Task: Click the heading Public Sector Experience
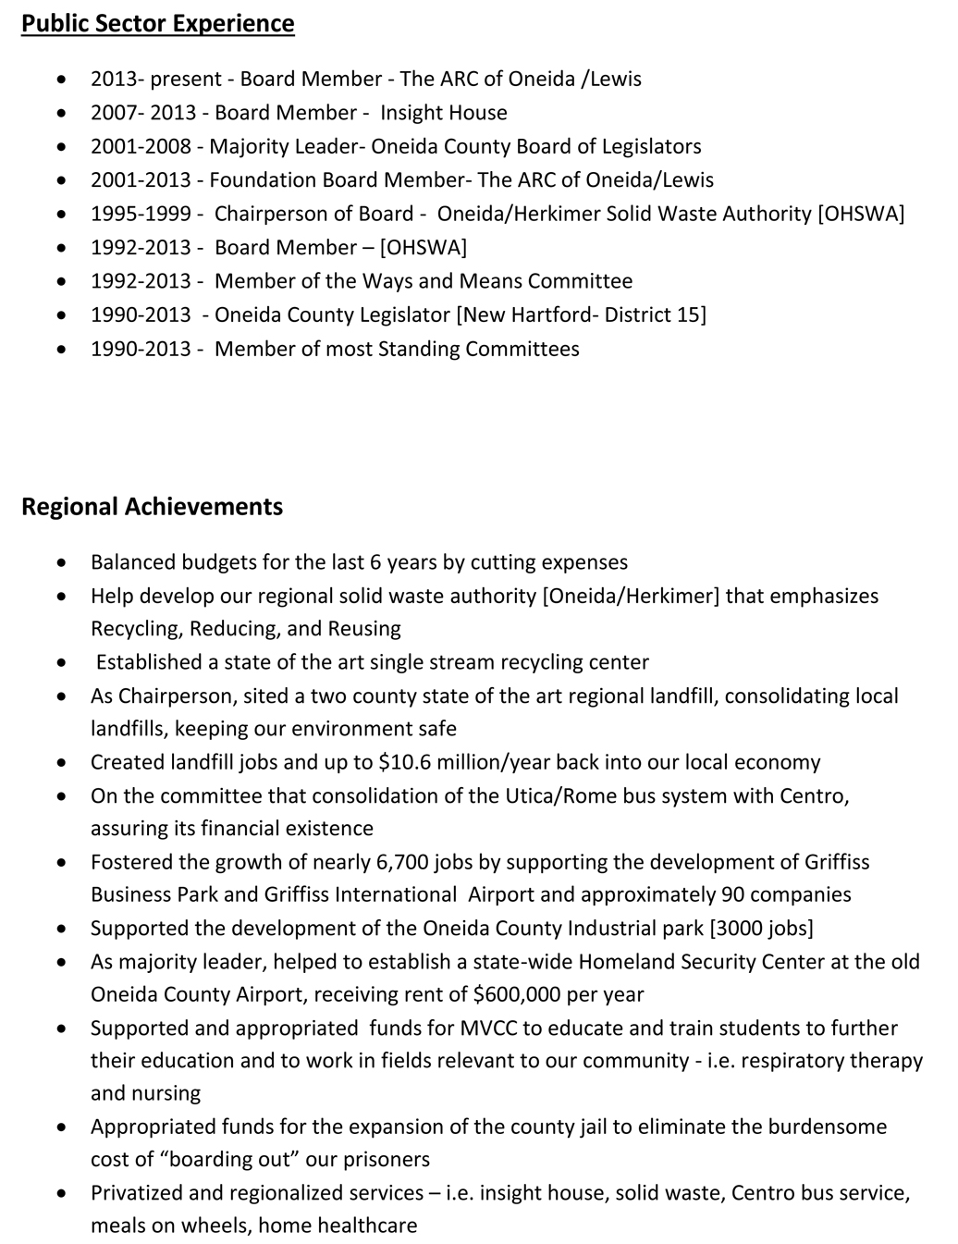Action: click(158, 24)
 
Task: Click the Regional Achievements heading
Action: click(153, 507)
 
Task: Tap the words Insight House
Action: click(444, 113)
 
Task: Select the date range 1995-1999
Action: click(142, 214)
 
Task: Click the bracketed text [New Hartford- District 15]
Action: click(582, 314)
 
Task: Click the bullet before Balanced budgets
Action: click(61, 563)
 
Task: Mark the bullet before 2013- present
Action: click(61, 80)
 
